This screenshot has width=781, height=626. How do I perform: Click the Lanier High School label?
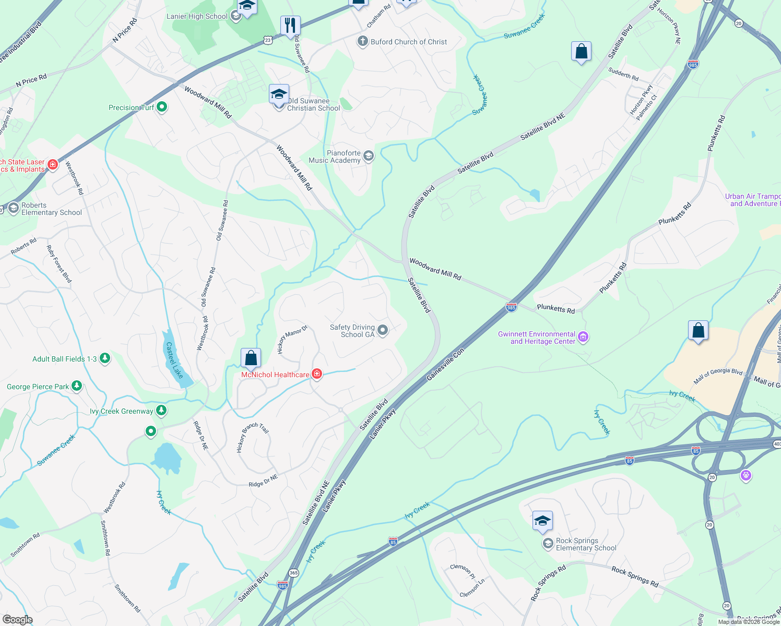(197, 16)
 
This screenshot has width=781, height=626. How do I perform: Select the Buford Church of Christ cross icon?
(363, 41)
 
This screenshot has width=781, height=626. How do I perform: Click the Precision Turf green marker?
(162, 107)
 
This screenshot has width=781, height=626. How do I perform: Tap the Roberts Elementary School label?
(51, 209)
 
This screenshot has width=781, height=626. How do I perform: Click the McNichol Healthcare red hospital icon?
(317, 374)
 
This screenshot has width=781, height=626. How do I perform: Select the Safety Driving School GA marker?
(383, 330)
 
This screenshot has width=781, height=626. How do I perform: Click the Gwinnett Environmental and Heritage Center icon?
(584, 337)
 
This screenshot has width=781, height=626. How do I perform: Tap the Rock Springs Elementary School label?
(586, 544)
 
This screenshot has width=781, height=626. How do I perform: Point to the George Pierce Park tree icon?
(77, 386)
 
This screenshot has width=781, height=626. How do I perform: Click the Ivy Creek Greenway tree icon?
(161, 411)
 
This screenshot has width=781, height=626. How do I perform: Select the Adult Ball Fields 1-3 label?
(64, 359)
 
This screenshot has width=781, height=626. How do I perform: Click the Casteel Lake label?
(174, 360)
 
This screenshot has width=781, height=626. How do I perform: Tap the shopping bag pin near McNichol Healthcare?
(251, 358)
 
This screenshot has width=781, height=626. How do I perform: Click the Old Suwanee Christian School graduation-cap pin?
(279, 94)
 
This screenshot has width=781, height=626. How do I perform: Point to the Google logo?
(17, 619)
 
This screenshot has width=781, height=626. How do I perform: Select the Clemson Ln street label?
(472, 588)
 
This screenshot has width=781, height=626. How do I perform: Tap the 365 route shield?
(293, 573)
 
